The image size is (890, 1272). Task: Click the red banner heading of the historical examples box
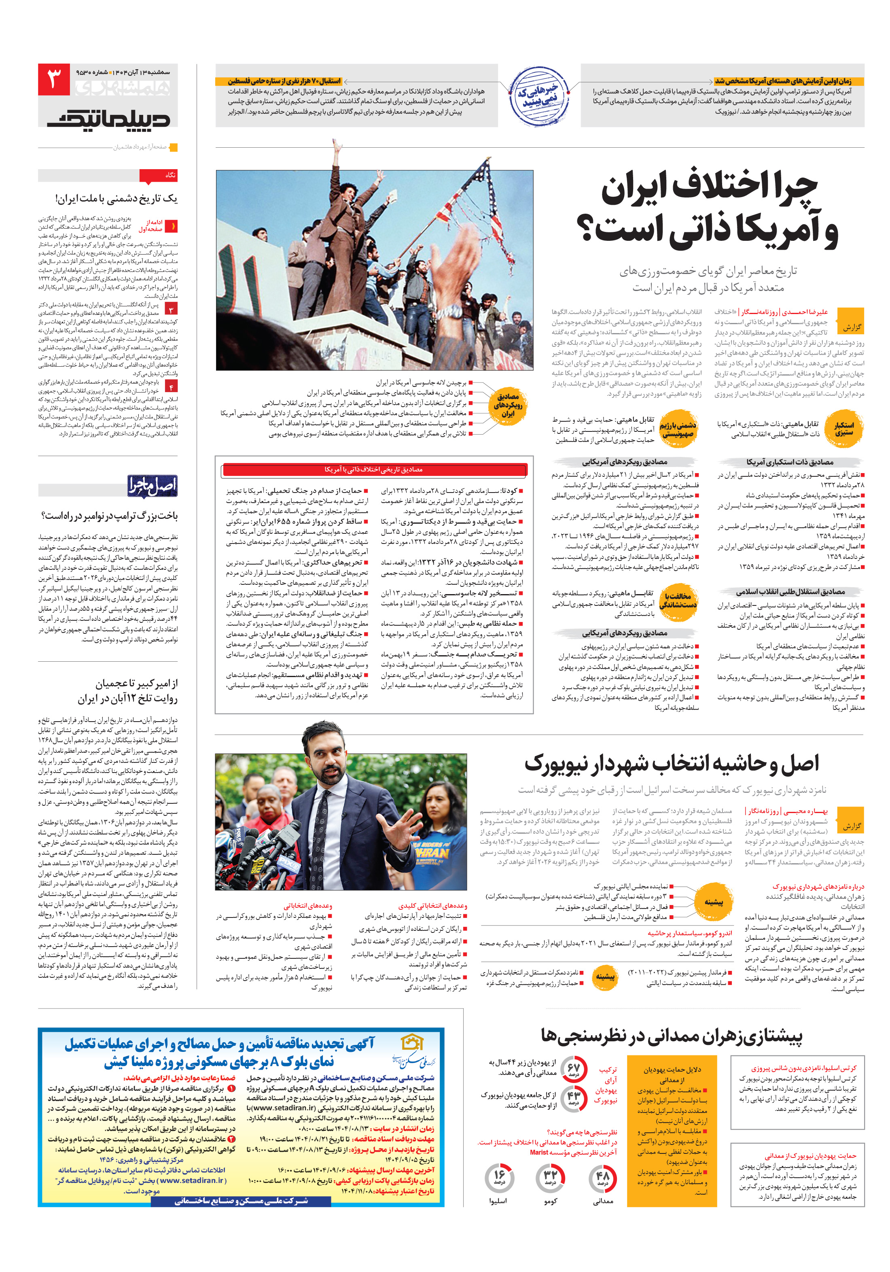(374, 470)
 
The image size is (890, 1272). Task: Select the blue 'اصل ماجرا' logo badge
(152, 486)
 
